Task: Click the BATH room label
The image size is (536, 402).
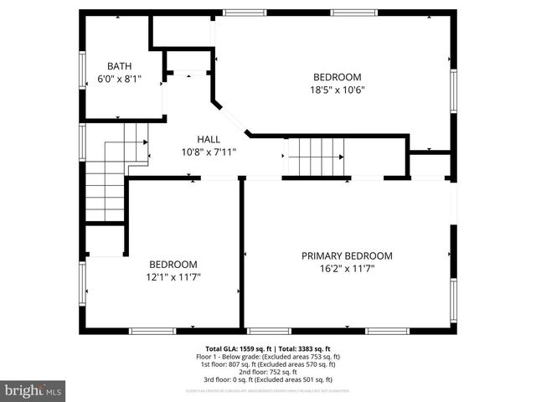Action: tap(119, 66)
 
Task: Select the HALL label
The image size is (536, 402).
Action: tap(209, 139)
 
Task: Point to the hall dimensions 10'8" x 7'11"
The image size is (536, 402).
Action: tap(209, 152)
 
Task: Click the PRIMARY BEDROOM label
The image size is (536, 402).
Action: tap(347, 256)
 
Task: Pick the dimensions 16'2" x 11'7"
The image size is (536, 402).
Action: tap(347, 270)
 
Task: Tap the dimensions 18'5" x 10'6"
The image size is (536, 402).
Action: tap(338, 90)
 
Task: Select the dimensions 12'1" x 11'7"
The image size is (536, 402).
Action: tap(174, 276)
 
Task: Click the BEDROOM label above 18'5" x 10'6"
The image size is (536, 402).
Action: tap(338, 76)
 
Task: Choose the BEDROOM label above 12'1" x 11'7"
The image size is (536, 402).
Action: tap(173, 263)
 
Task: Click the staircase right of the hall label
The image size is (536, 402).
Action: tap(316, 156)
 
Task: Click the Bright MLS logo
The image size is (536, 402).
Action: tap(33, 389)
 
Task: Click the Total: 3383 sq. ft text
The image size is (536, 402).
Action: tap(305, 348)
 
